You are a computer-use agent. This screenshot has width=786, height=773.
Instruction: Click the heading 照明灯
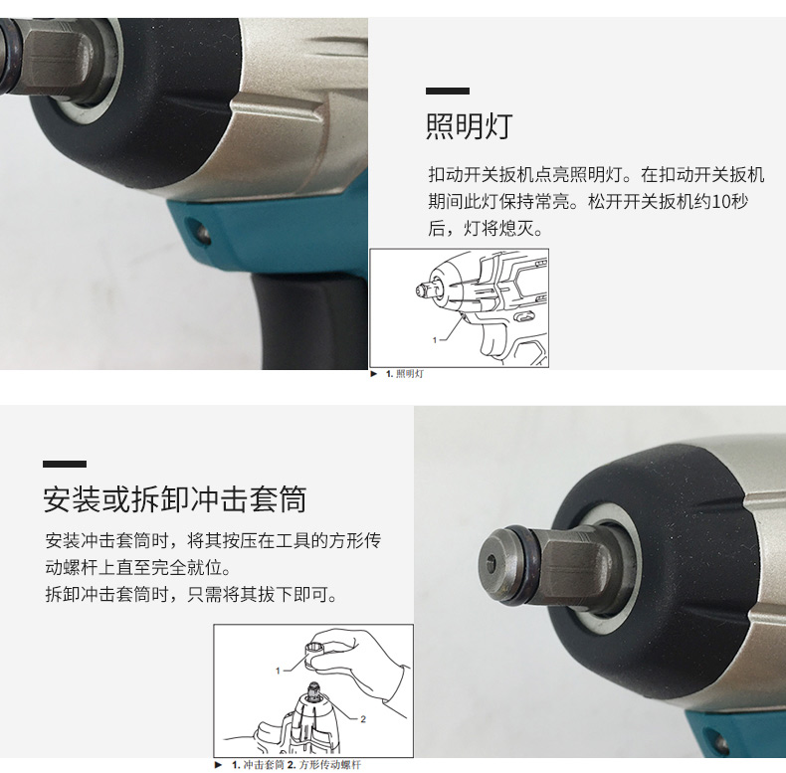tap(470, 125)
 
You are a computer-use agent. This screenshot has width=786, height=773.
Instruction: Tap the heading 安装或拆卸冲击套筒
tap(175, 499)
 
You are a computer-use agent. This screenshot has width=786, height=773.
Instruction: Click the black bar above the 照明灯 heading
tap(448, 91)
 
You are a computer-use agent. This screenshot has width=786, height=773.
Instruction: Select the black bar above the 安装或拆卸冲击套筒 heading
tap(65, 465)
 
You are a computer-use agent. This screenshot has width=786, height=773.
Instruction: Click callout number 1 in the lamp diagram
tap(435, 340)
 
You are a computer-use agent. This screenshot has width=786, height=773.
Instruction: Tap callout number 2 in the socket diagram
tap(363, 719)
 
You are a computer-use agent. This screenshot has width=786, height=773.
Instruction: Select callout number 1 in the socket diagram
tap(278, 671)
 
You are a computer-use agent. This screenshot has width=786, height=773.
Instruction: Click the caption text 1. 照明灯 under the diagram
tap(405, 374)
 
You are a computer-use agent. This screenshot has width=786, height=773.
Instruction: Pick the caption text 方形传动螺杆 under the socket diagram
tap(330, 765)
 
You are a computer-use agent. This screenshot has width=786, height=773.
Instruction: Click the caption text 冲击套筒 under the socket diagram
tap(264, 765)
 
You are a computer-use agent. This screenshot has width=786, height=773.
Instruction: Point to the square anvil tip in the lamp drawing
tap(421, 290)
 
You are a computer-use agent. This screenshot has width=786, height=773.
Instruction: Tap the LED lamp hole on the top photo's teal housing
tap(202, 233)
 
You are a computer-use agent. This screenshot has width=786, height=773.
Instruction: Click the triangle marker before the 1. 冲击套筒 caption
tap(218, 765)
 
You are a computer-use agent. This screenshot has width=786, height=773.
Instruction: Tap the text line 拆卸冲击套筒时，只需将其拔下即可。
tap(191, 595)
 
